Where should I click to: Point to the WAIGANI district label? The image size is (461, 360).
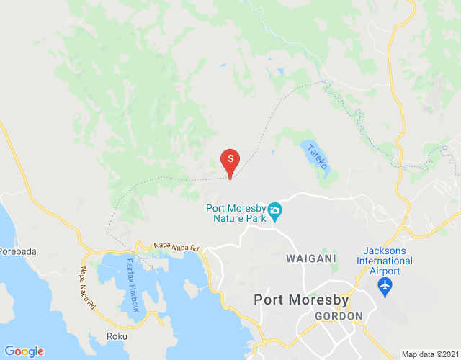tap(310, 258)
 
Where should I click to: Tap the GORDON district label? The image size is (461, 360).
tap(337, 317)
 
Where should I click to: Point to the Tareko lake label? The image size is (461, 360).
tap(318, 156)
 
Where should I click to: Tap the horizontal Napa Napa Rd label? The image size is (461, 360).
tap(176, 247)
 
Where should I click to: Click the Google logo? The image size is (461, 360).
tap(24, 351)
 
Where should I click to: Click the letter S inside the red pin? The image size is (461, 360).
tap(230, 158)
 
